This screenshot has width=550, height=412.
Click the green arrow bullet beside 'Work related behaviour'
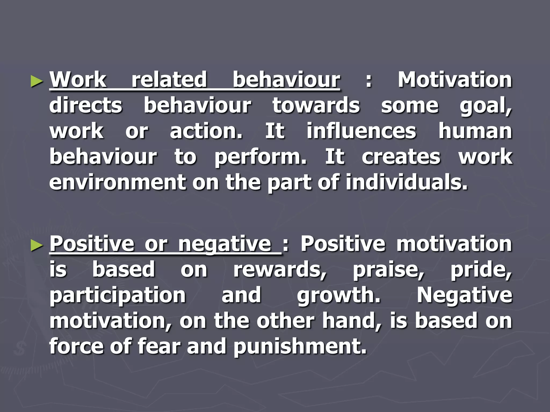point(37,81)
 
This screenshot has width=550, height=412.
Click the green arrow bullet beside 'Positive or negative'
point(37,245)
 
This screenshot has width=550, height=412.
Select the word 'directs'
point(86,105)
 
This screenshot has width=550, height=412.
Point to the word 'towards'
point(316,105)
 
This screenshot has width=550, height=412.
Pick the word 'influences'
point(361,131)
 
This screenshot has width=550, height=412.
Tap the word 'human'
point(475,131)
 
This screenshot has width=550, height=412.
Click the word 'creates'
point(401,157)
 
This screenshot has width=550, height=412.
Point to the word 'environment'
point(118,182)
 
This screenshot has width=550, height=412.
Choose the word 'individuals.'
point(407,182)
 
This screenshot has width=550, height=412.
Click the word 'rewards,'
point(280,270)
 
